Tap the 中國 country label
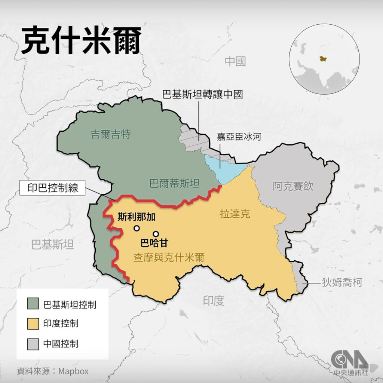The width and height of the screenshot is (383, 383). coord(235,61)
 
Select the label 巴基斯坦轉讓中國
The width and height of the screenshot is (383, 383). coord(202,94)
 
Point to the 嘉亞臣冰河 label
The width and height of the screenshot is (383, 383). coord(238,137)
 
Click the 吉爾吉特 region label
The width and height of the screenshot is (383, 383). coord(111,135)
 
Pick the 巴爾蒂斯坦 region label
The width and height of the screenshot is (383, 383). coord(174,183)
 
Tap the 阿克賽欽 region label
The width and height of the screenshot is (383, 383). coord(292,186)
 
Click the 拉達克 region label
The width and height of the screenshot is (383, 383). coord(235,214)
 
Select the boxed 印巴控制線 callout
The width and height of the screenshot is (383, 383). coord(53,188)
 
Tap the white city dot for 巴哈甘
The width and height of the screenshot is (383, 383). coord(156,234)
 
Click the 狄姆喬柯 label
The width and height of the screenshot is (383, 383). coord(342,282)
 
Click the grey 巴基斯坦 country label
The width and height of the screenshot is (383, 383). coord(52,245)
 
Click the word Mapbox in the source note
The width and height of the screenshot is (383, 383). coord(74,371)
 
